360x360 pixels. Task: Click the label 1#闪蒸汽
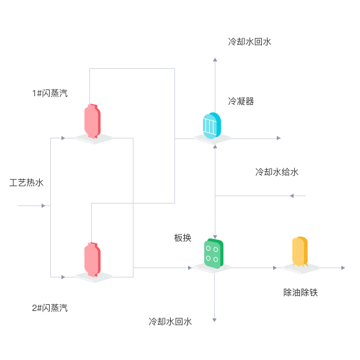[x=50, y=93]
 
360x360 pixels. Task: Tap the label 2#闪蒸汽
[x=50, y=308]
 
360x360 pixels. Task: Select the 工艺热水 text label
[x=27, y=182]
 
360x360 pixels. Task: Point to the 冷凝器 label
[x=241, y=101]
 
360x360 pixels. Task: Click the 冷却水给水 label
[x=277, y=172]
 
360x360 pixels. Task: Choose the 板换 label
[x=182, y=238]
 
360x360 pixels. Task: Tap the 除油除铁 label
[x=300, y=292]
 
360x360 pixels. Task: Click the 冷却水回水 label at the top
[x=250, y=42]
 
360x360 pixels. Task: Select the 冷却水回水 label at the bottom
[x=170, y=322]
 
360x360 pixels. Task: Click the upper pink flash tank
[x=92, y=122]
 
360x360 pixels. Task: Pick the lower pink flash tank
[x=92, y=259]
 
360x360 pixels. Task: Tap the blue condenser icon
[x=212, y=126]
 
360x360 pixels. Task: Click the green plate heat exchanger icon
[x=214, y=253]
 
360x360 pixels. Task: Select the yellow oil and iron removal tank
[x=300, y=251]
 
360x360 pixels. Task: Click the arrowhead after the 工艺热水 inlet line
[x=43, y=205]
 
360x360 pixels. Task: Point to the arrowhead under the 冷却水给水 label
[x=292, y=196]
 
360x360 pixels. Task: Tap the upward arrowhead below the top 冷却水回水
[x=215, y=60]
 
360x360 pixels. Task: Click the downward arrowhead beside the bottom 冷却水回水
[x=214, y=320]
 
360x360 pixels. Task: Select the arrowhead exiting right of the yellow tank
[x=343, y=268]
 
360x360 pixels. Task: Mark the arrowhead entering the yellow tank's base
[x=275, y=268]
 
